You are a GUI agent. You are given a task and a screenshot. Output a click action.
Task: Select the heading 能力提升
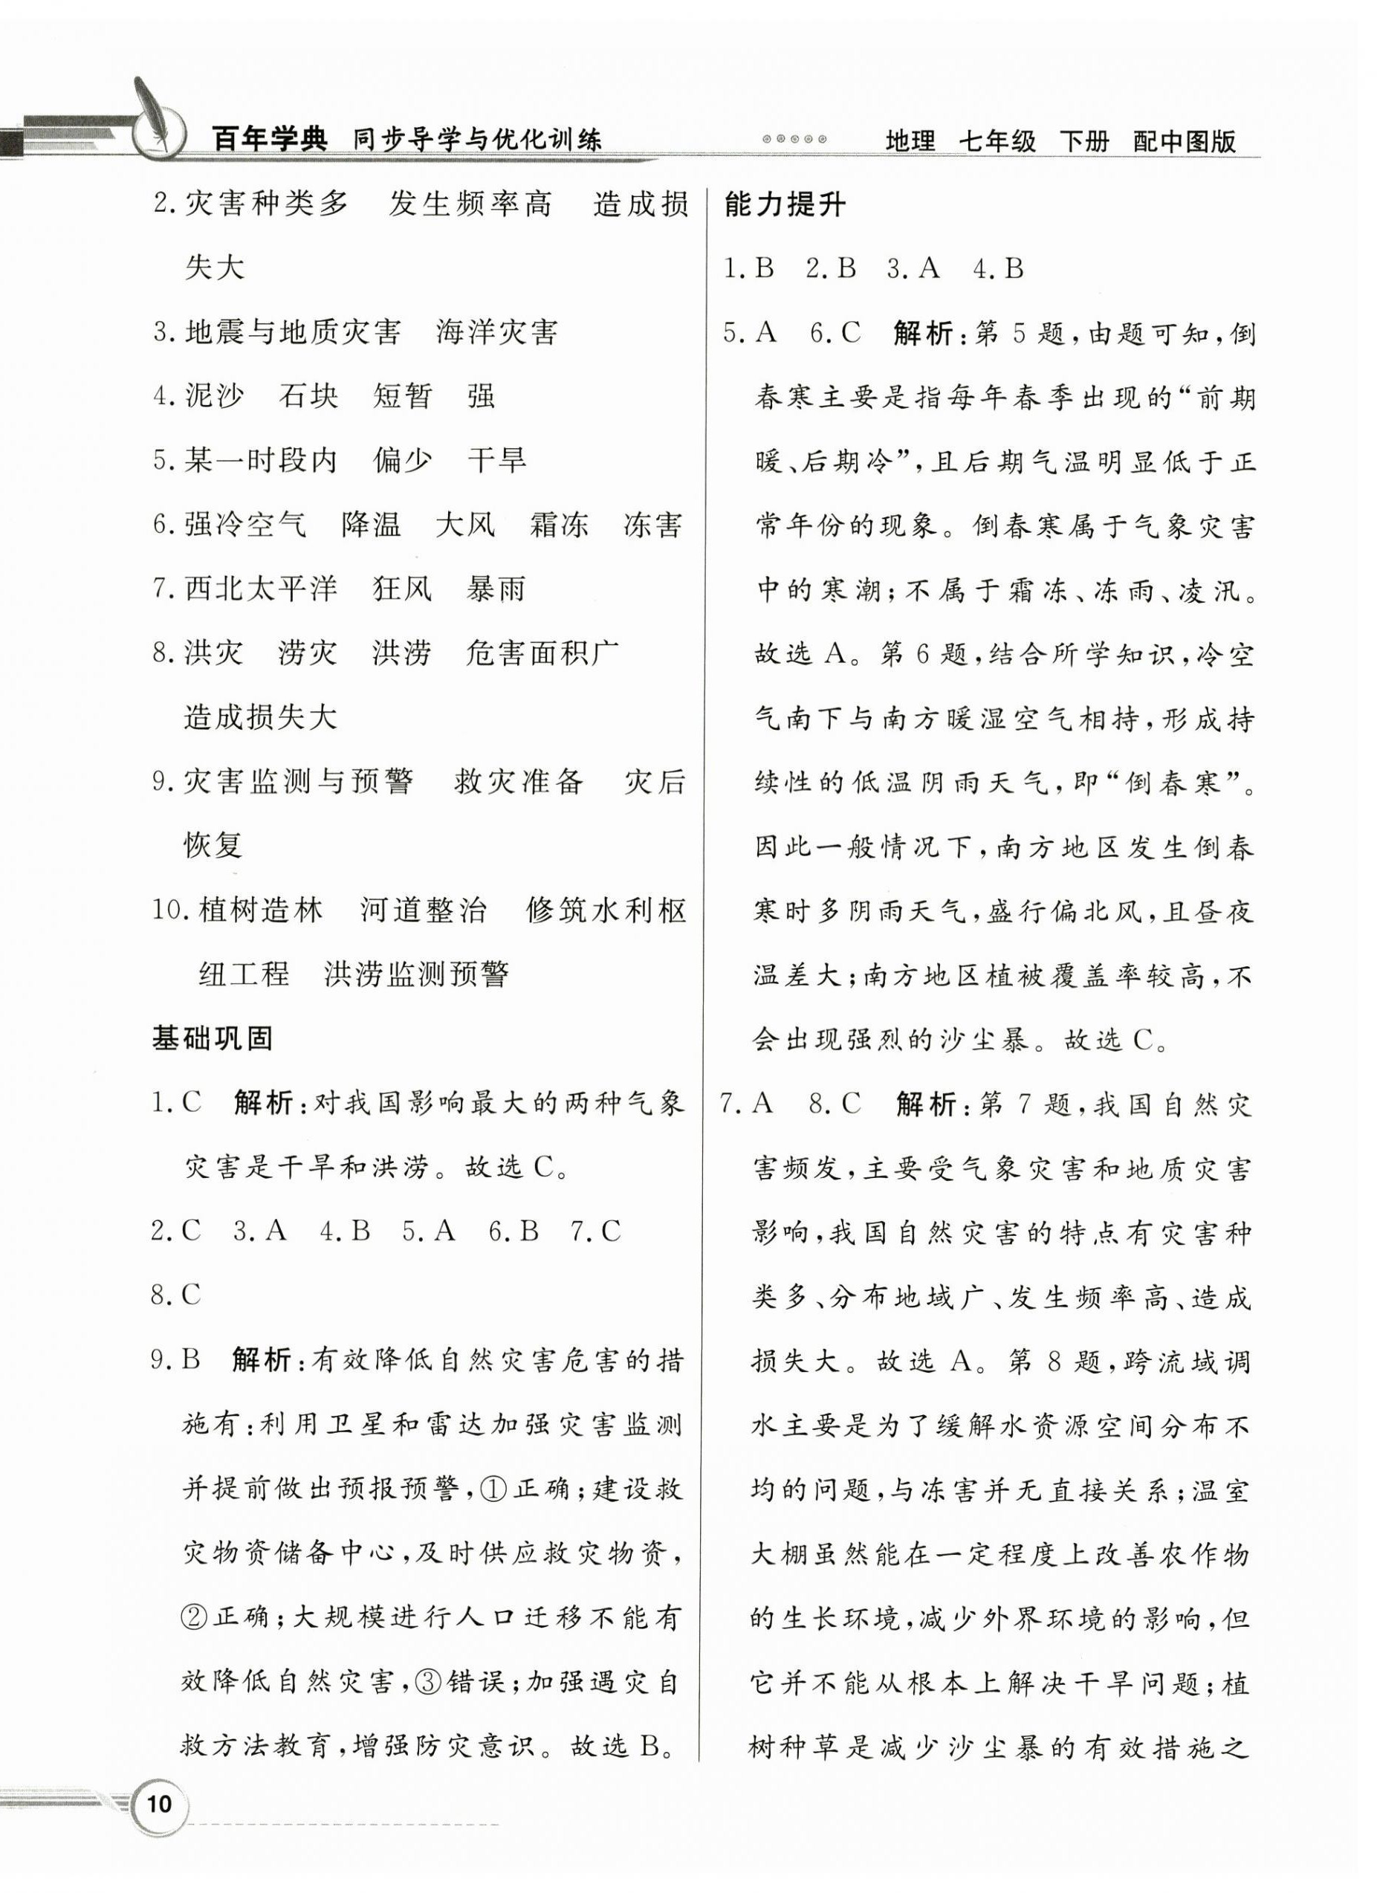(785, 204)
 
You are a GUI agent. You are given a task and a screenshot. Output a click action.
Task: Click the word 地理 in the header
(910, 140)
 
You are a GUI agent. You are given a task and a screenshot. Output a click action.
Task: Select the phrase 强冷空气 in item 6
(245, 525)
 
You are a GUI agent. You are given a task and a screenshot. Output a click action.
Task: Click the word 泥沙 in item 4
(215, 395)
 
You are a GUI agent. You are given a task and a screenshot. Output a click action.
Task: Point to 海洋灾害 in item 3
(496, 332)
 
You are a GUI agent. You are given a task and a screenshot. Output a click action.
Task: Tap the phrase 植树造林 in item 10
(260, 910)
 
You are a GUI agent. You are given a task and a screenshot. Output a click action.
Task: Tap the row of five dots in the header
(794, 140)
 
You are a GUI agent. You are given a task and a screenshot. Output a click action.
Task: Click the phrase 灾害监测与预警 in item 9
(299, 782)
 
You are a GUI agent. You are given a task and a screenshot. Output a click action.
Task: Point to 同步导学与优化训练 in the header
(476, 140)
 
